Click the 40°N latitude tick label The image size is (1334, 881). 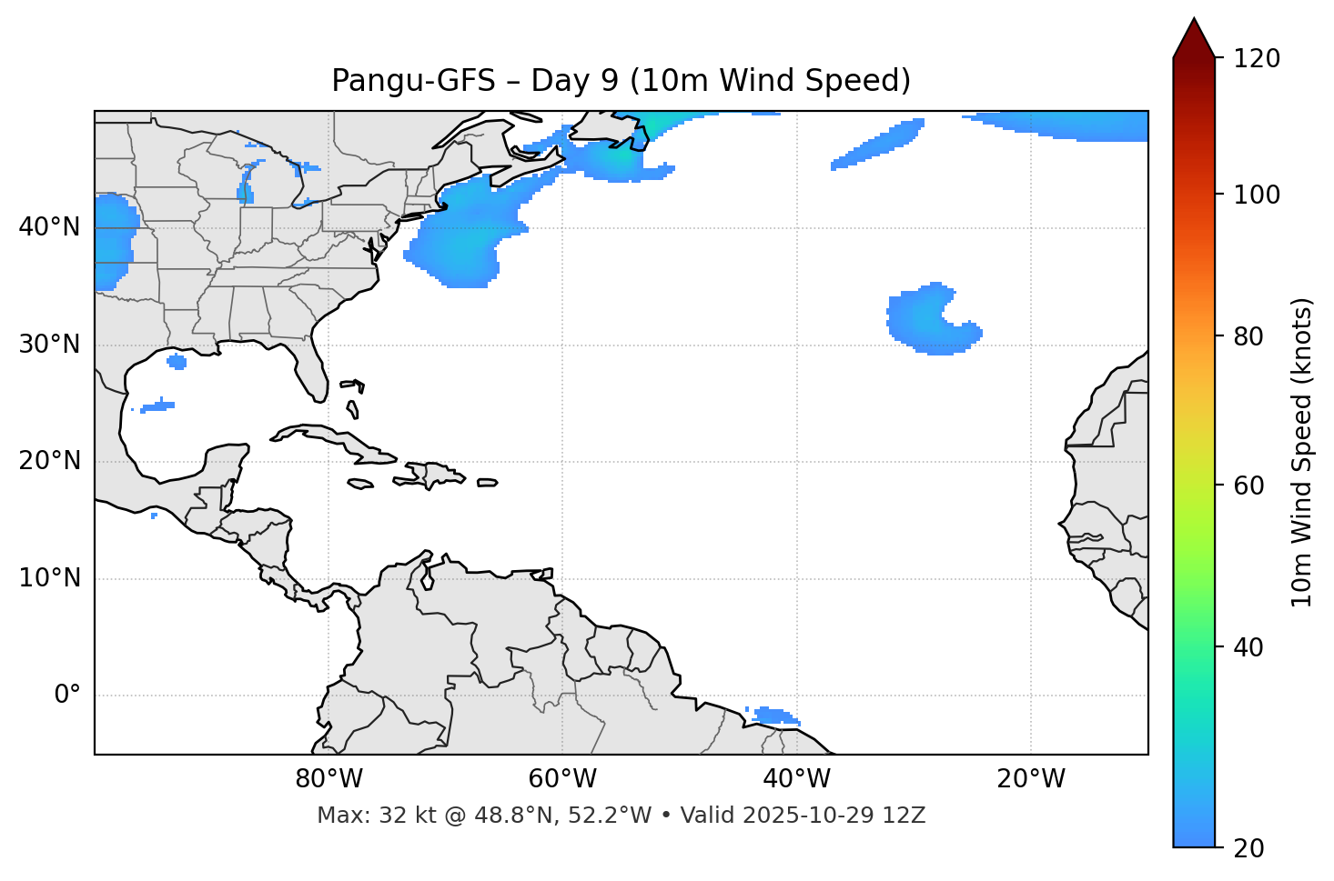[x=49, y=227]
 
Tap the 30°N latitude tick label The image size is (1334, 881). [x=49, y=345]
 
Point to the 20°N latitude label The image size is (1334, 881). [x=49, y=461]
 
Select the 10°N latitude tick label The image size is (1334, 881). [x=49, y=578]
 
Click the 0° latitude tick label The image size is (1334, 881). [x=66, y=696]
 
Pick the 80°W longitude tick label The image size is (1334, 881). [x=328, y=779]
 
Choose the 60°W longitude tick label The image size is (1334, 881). [x=562, y=779]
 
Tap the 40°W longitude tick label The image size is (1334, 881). [x=796, y=779]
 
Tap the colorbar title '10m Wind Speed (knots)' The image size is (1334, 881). [x=1302, y=452]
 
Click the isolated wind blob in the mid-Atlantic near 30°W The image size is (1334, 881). [x=928, y=320]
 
